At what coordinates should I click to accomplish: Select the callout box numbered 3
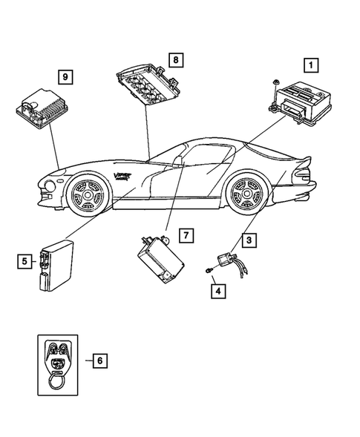coord(250,240)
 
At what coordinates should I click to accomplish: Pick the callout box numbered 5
coord(26,260)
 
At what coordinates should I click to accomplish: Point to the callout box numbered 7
coord(187,236)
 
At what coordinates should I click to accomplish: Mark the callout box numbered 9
coord(65,76)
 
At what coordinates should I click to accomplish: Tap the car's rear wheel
coord(245,195)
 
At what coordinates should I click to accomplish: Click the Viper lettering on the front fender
coord(125,176)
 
